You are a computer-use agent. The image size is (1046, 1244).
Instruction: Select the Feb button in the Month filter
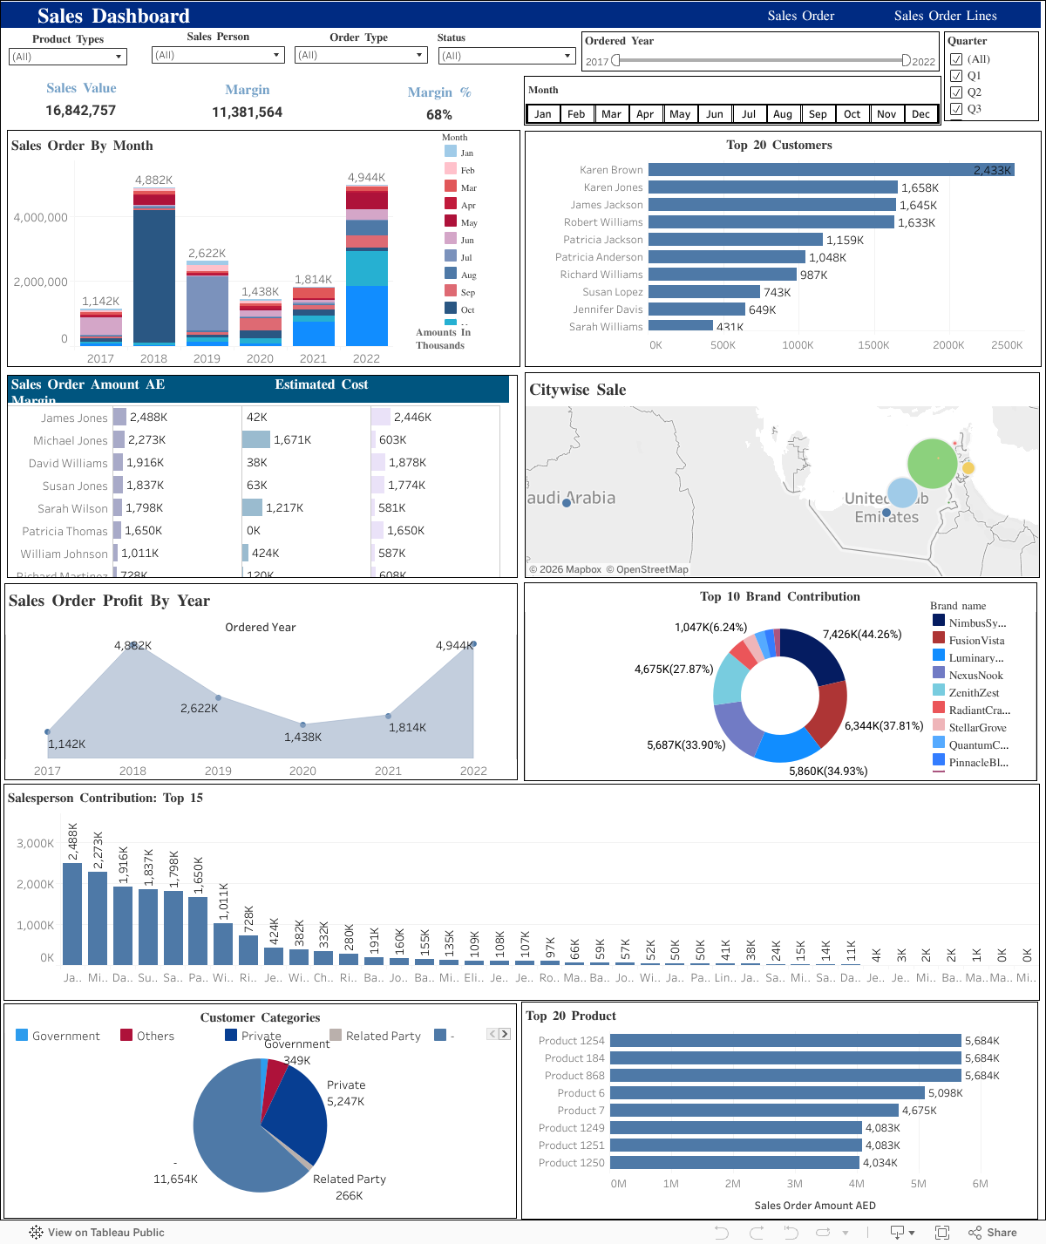576,114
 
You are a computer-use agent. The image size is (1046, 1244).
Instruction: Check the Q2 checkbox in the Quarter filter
956,92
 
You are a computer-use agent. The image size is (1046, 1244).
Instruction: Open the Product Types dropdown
68,57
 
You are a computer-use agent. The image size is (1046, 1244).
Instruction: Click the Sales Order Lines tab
945,16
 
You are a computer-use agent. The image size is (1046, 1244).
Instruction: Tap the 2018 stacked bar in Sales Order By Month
154,270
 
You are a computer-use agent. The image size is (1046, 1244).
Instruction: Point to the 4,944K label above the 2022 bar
366,178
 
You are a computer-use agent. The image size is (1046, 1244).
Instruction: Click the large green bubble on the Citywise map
933,463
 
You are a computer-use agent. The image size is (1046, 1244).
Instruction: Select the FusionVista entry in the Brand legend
976,641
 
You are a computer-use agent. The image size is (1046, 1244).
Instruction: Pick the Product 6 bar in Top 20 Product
767,1093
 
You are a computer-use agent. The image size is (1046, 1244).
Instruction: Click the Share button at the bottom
993,1233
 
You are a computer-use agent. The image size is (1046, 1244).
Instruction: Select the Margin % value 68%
439,115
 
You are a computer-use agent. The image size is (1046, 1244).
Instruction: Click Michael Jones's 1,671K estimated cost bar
256,440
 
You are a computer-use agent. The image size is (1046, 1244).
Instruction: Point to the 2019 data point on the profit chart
218,697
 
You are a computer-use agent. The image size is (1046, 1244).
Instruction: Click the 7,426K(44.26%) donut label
861,635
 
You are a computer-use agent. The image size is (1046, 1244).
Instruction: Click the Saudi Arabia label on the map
571,498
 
